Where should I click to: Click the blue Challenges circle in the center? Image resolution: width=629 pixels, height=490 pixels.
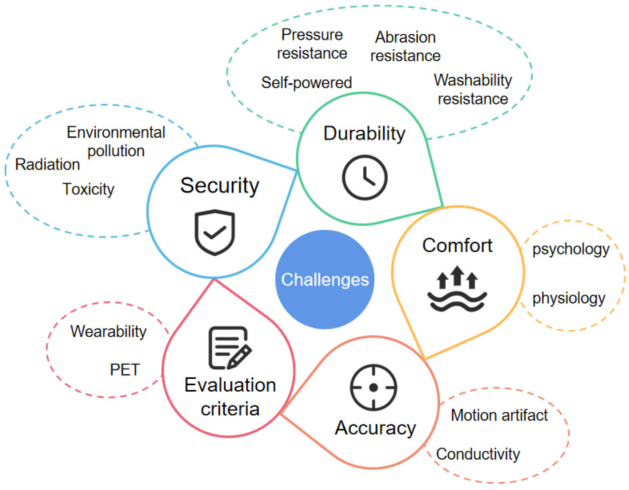(x=325, y=279)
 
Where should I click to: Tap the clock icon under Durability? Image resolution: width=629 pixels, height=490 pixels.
(x=365, y=177)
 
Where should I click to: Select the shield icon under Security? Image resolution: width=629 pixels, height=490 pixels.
(x=214, y=232)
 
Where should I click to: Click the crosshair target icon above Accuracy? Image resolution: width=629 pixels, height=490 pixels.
(x=373, y=387)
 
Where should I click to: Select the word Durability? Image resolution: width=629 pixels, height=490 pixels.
(x=364, y=134)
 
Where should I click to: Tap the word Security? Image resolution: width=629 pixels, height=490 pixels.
(x=220, y=185)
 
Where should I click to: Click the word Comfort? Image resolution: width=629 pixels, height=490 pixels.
(x=457, y=246)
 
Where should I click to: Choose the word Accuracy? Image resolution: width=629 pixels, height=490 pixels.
(x=375, y=428)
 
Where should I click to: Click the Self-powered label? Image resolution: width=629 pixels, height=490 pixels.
(x=306, y=83)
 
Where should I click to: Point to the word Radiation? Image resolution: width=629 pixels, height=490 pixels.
(x=47, y=164)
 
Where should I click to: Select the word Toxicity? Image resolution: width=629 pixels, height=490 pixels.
(x=88, y=189)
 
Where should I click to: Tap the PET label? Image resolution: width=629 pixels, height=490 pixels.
(x=125, y=369)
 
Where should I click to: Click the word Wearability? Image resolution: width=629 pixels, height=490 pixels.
(x=108, y=331)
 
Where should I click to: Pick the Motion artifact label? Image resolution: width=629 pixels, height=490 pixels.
(x=499, y=415)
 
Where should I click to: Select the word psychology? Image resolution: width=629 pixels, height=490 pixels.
(x=571, y=249)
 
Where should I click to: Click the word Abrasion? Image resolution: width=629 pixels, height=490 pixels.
(x=405, y=37)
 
